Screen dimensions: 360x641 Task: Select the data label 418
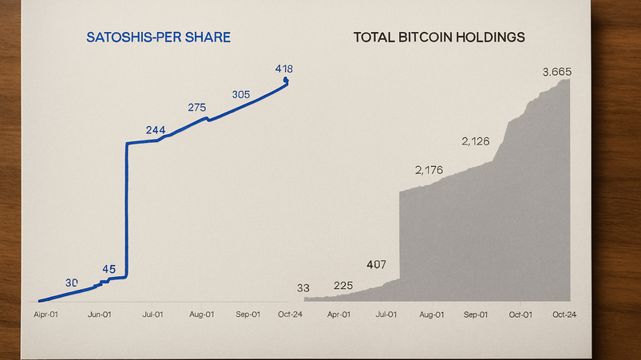pyautogui.click(x=283, y=69)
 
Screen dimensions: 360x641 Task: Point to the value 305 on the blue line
pyautogui.click(x=241, y=94)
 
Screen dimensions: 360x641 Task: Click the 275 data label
pyautogui.click(x=197, y=107)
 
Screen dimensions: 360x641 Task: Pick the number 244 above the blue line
pyautogui.click(x=156, y=130)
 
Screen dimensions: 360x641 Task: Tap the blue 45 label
pyautogui.click(x=109, y=269)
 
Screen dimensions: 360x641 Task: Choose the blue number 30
pyautogui.click(x=72, y=283)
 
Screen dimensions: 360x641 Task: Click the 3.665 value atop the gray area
pyautogui.click(x=556, y=72)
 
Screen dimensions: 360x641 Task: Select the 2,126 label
pyautogui.click(x=476, y=142)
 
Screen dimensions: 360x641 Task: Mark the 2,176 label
pyautogui.click(x=429, y=170)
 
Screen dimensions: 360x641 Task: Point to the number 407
pyautogui.click(x=375, y=264)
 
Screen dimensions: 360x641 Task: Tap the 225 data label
pyautogui.click(x=342, y=286)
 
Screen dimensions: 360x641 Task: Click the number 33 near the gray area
pyautogui.click(x=303, y=288)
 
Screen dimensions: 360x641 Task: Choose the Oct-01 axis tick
pyautogui.click(x=520, y=315)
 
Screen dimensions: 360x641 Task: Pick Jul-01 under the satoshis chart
pyautogui.click(x=152, y=315)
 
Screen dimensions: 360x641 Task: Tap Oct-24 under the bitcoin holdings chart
pyautogui.click(x=564, y=315)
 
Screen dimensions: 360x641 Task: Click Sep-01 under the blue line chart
pyautogui.click(x=248, y=315)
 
